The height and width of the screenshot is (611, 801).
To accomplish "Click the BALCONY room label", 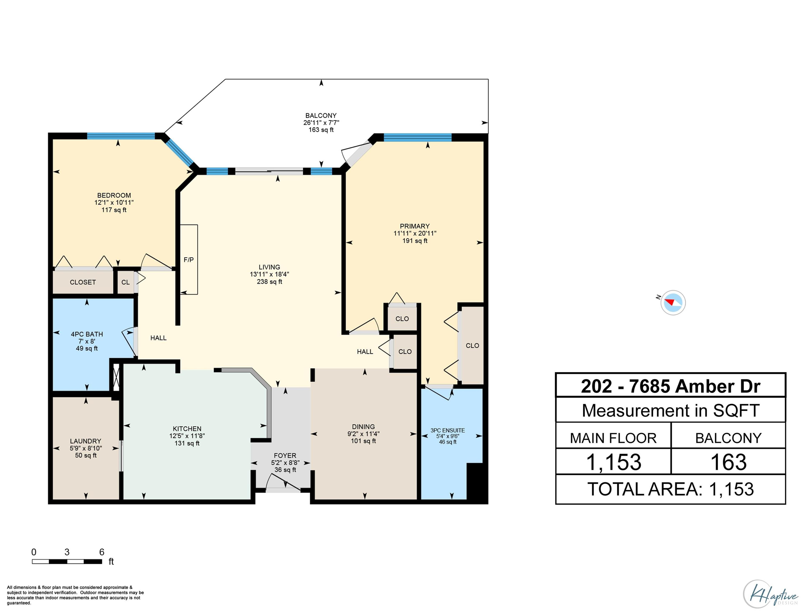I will tap(321, 116).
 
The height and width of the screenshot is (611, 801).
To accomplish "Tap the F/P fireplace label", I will tap(188, 260).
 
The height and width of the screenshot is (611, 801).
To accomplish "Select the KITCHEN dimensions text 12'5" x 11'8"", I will tap(187, 436).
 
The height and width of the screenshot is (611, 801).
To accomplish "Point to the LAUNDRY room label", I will tap(86, 441).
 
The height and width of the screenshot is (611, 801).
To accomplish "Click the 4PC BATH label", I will tap(87, 334).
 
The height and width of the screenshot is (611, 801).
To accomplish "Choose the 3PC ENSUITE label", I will tap(448, 430).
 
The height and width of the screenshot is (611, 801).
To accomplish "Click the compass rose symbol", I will tap(673, 303).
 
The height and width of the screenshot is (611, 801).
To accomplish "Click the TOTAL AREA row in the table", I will tap(670, 489).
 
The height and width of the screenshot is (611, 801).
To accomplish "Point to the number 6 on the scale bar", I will tap(102, 552).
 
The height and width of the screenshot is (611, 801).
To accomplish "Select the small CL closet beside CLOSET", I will tap(125, 282).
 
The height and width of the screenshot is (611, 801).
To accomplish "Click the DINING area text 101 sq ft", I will tap(363, 441).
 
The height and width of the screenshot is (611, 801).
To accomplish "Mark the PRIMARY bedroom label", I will tap(414, 226).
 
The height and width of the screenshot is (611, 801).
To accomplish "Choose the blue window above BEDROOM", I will tap(121, 136).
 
